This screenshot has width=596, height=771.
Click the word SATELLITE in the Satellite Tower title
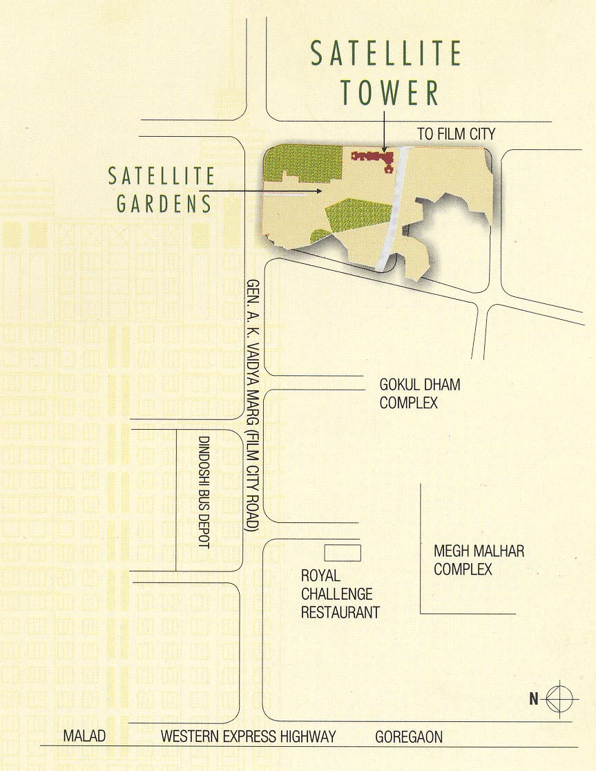click(386, 54)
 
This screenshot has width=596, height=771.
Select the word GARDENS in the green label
click(164, 204)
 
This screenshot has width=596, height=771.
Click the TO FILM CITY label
click(456, 134)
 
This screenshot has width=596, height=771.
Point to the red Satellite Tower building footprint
click(374, 159)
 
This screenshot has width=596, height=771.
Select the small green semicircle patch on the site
click(320, 238)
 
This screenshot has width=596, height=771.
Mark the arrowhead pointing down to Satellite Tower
click(384, 148)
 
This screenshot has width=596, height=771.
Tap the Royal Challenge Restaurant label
click(340, 593)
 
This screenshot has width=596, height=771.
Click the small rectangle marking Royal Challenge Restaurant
click(343, 552)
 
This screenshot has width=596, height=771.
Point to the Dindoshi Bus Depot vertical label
click(203, 492)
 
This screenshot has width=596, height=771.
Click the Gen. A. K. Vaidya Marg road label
click(253, 406)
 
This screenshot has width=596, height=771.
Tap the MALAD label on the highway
click(84, 736)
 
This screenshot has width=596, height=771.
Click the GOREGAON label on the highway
click(409, 737)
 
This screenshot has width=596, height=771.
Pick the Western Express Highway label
click(248, 736)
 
